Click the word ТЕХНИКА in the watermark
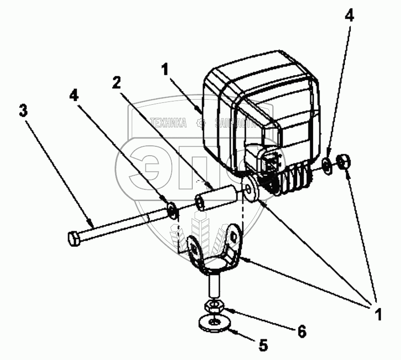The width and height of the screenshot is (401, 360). tap(168, 123)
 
